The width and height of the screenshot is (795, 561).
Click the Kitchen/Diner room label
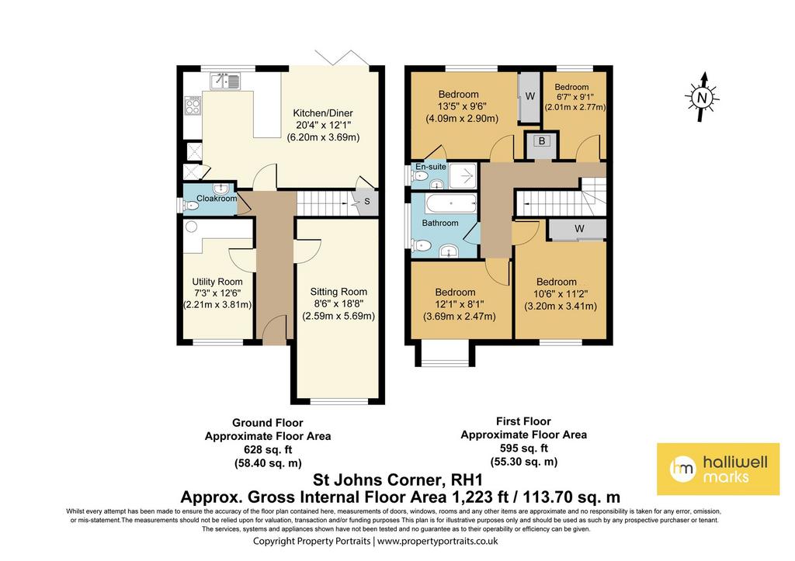323,113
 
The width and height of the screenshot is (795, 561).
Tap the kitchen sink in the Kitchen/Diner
225,81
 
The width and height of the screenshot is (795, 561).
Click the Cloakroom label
217,198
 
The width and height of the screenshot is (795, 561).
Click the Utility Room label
217,282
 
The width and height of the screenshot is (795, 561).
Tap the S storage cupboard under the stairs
366,202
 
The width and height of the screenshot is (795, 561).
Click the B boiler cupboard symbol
541,142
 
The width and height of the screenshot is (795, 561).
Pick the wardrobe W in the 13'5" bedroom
529,97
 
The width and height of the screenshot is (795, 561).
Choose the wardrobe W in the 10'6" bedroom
578,229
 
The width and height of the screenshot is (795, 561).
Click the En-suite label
430,167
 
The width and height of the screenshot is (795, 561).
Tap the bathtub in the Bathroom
451,204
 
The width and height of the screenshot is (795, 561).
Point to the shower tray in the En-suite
463,176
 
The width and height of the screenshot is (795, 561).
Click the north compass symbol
702,97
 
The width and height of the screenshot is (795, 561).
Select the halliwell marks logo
718,469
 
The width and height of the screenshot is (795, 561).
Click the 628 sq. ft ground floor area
268,449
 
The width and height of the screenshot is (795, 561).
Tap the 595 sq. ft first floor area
524,448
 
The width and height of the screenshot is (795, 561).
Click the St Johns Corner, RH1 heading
397,480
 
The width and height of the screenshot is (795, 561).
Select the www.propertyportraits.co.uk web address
438,542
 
